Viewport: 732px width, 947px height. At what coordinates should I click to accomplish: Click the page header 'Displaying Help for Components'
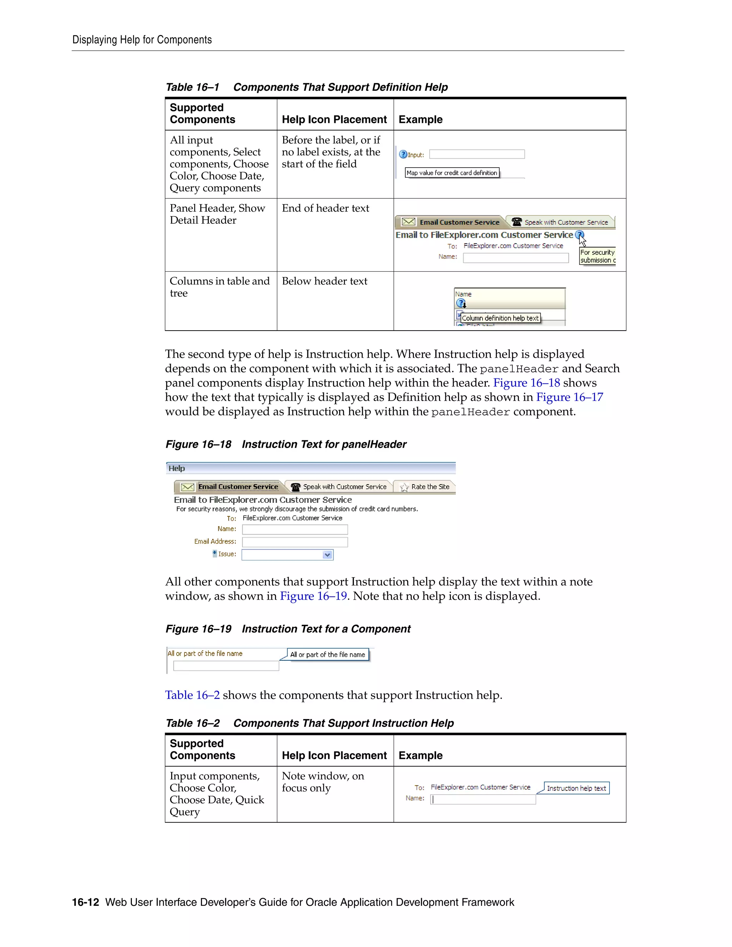(x=142, y=40)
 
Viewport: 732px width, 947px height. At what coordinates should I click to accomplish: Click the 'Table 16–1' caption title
(x=306, y=87)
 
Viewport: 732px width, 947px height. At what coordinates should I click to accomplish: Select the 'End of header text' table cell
(x=325, y=208)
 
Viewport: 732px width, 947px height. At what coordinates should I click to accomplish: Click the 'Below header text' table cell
(x=325, y=281)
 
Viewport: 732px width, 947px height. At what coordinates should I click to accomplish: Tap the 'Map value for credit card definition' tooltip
(x=451, y=173)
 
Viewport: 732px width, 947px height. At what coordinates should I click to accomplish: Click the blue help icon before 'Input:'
(x=403, y=154)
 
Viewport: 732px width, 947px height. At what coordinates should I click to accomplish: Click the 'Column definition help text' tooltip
(x=500, y=318)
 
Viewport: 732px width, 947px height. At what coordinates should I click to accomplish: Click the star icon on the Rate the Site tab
(x=404, y=487)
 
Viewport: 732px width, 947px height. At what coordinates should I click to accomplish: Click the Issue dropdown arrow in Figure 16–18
(x=327, y=555)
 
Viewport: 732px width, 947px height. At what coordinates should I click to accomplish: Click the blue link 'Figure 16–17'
(x=569, y=397)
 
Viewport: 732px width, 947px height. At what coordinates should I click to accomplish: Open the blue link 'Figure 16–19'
(x=313, y=596)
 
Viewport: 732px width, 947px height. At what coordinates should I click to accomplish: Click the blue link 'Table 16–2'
(x=192, y=695)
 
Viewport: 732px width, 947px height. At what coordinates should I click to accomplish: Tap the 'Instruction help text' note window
(x=576, y=788)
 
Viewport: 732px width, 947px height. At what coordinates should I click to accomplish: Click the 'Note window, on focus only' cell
(x=323, y=782)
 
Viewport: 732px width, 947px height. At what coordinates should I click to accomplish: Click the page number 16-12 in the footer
(x=85, y=902)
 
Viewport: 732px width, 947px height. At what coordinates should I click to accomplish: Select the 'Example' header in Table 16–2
(x=420, y=755)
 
